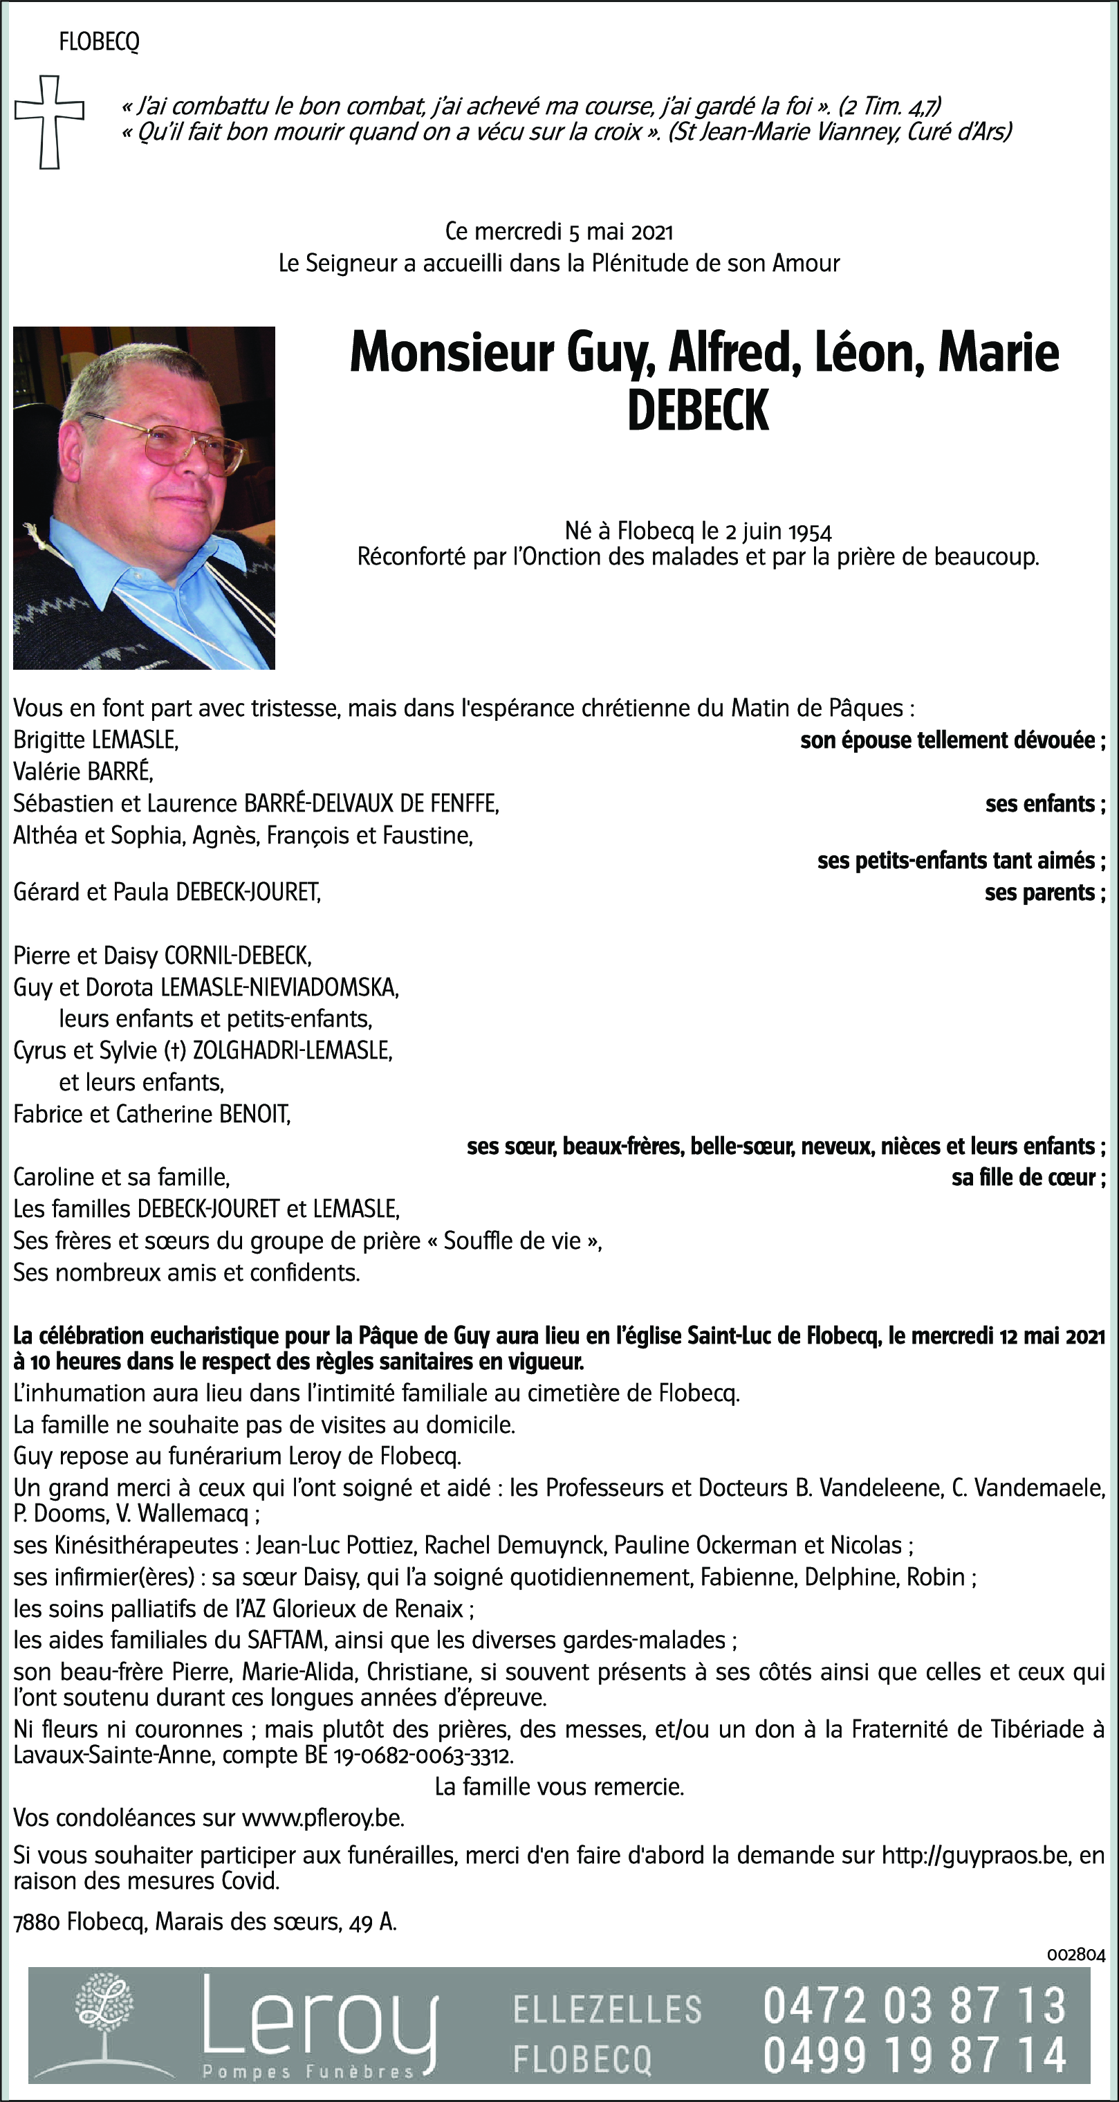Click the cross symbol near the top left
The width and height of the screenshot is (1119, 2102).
pos(50,122)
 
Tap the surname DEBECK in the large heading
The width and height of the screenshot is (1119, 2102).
pos(698,410)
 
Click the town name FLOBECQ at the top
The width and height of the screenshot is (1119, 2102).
pos(99,42)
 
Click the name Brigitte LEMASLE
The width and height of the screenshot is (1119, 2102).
pos(95,740)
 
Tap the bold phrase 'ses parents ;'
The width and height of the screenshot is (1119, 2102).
pos(1044,893)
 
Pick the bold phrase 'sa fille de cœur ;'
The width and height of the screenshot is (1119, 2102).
pos(1028,1178)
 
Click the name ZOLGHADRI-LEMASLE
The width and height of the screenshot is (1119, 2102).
pos(292,1051)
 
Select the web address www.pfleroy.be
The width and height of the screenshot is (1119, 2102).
pos(323,1818)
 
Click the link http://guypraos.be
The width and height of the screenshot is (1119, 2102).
pos(975,1856)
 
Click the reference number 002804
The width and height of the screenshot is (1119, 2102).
pos(1075,1955)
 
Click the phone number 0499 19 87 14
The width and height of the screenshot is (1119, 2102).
pos(914,2055)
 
